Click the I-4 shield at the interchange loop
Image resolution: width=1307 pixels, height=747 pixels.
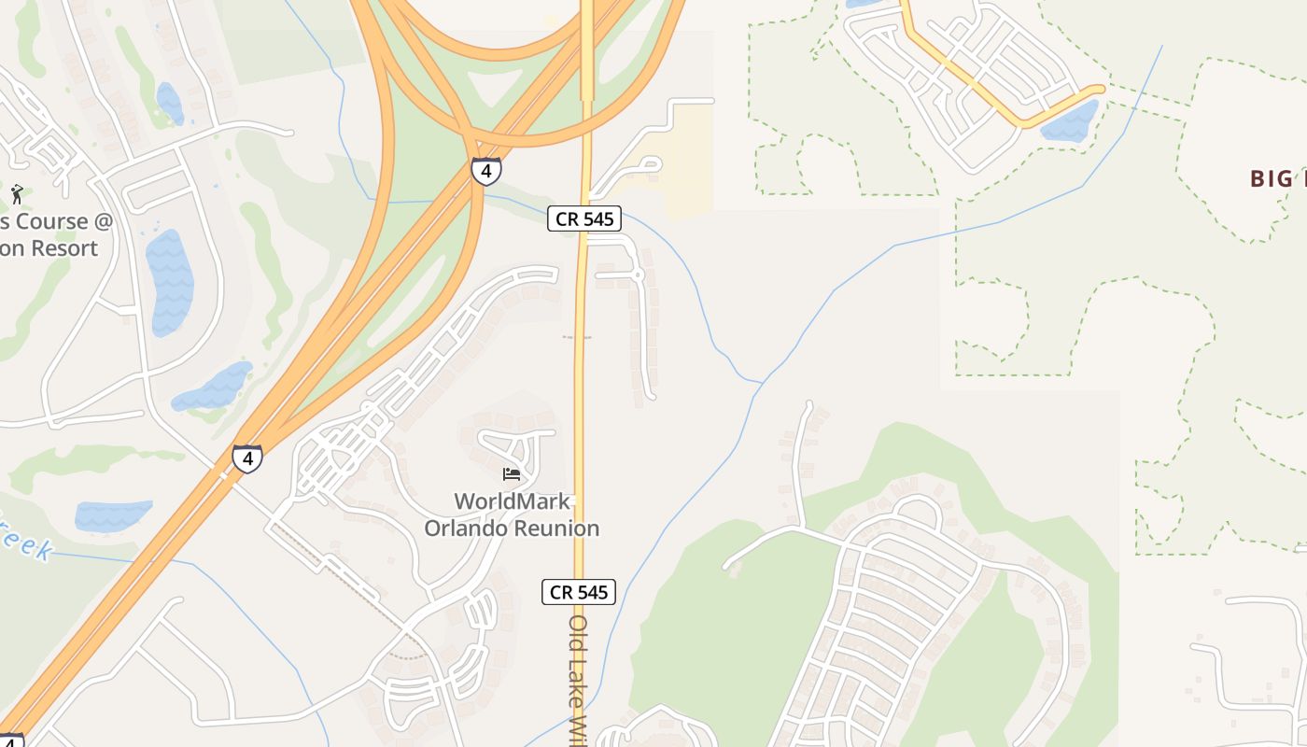pyautogui.click(x=485, y=171)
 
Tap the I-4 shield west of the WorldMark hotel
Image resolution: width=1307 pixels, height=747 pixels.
pyautogui.click(x=246, y=458)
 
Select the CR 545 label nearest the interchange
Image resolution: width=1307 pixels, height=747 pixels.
pyautogui.click(x=583, y=218)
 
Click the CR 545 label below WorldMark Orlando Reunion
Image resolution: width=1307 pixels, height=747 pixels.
pyautogui.click(x=579, y=592)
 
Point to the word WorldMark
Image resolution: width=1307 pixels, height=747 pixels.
pyautogui.click(x=512, y=502)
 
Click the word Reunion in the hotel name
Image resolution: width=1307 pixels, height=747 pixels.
pyautogui.click(x=556, y=529)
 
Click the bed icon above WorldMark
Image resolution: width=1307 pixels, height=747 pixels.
pyautogui.click(x=511, y=474)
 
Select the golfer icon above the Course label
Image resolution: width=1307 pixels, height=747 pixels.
pyautogui.click(x=17, y=194)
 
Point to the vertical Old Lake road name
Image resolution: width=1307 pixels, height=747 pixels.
pyautogui.click(x=579, y=677)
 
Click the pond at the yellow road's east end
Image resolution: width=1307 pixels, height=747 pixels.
pyautogui.click(x=1072, y=121)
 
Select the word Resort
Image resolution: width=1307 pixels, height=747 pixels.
pyautogui.click(x=61, y=248)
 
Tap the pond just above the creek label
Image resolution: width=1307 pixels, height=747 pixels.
pyautogui.click(x=112, y=514)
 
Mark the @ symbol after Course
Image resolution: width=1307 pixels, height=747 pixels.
pyautogui.click(x=103, y=222)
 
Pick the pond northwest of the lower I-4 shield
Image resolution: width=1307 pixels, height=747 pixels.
pyautogui.click(x=212, y=386)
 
